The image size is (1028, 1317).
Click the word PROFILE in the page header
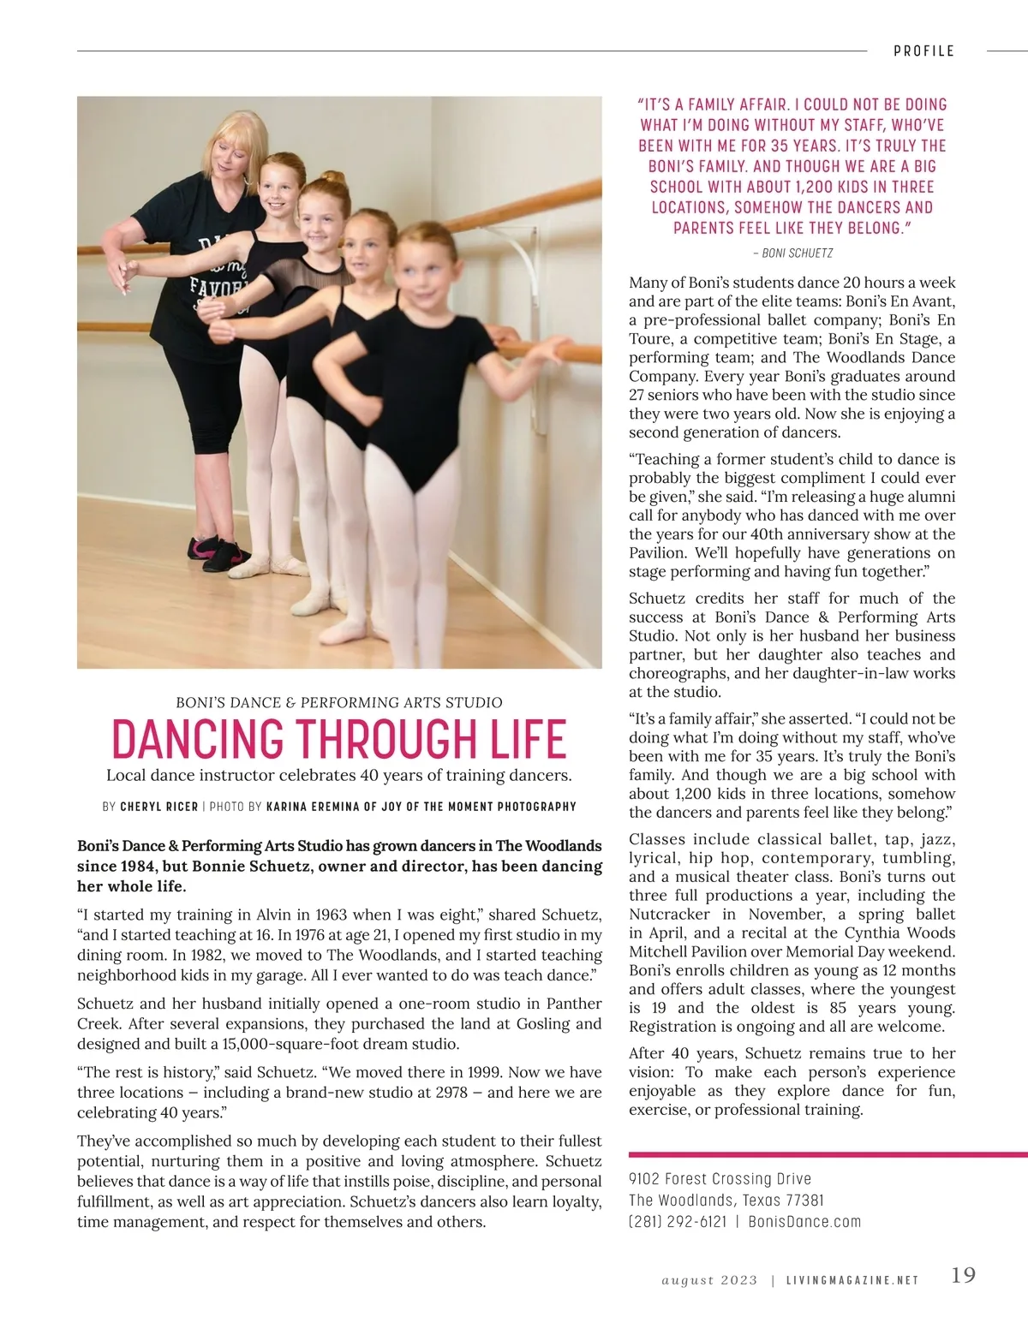coord(923,51)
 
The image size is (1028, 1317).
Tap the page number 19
coord(963,1276)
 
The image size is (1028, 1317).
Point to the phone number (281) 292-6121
coord(678,1222)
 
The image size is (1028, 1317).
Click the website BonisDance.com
coord(804,1222)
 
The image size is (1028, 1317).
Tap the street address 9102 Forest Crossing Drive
coord(720,1179)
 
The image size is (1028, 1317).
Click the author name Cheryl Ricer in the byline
coord(158,807)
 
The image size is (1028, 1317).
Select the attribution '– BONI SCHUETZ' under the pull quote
coord(792,253)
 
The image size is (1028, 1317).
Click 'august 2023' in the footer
coord(709,1280)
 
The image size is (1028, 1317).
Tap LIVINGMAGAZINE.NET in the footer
coord(852,1280)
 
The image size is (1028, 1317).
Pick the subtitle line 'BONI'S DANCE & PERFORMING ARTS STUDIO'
coord(339,703)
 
